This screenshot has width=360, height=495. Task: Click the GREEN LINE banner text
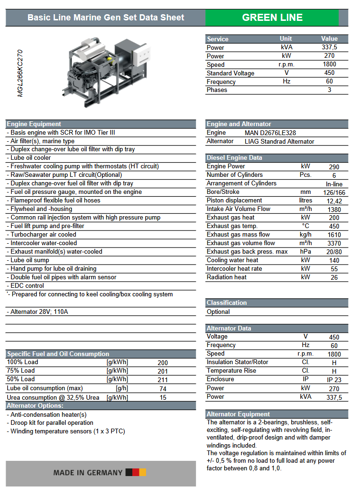coord(272,18)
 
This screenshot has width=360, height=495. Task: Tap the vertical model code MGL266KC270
coord(20,73)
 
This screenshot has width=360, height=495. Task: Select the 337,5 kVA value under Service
coord(329,47)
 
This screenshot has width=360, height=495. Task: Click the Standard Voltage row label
coord(231,73)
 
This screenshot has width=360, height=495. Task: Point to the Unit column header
coord(286,39)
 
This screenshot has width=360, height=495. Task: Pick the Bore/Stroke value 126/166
coord(334,192)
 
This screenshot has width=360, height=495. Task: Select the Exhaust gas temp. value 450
coord(334,227)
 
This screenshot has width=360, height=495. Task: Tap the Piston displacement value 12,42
coord(334,201)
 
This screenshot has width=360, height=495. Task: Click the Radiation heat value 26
coord(334,277)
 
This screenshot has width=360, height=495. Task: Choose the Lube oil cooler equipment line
coord(29,158)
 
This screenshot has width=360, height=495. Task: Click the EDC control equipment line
coord(26,286)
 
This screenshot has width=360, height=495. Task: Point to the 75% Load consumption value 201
coord(163,371)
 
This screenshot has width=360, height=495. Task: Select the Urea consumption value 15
coord(163,398)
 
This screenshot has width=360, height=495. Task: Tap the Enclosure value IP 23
coord(334,380)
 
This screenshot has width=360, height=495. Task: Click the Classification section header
coord(227,303)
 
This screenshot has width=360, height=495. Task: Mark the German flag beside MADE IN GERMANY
coord(136,472)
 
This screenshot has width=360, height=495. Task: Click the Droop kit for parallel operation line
coord(50,423)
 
